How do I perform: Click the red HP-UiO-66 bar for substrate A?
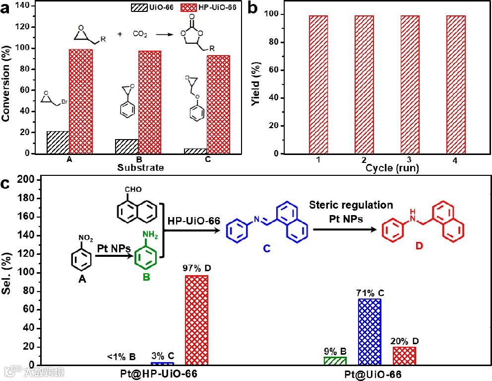point(80,101)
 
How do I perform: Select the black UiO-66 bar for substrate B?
point(127,147)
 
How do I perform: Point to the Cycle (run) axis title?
point(392,168)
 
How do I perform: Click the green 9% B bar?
point(335,361)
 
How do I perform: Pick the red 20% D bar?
point(404,356)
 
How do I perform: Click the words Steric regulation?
point(351,205)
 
